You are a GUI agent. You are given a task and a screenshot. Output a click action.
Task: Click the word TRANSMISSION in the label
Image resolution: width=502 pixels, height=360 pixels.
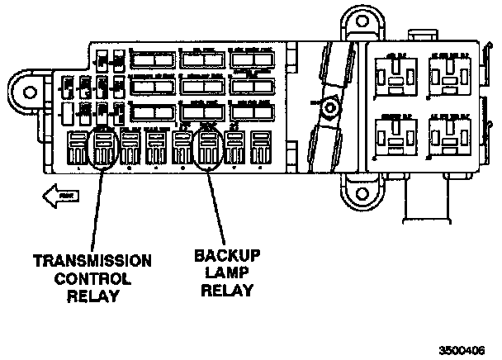click(x=92, y=262)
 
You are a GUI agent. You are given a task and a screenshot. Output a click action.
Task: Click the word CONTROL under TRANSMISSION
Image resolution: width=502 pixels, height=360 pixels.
click(x=92, y=278)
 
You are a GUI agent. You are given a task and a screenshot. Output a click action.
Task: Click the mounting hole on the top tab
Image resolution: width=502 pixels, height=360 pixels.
click(x=356, y=18)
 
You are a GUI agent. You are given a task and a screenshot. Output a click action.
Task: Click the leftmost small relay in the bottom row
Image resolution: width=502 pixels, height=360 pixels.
click(x=78, y=149)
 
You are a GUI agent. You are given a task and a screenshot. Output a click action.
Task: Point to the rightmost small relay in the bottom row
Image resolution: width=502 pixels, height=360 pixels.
click(x=259, y=149)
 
